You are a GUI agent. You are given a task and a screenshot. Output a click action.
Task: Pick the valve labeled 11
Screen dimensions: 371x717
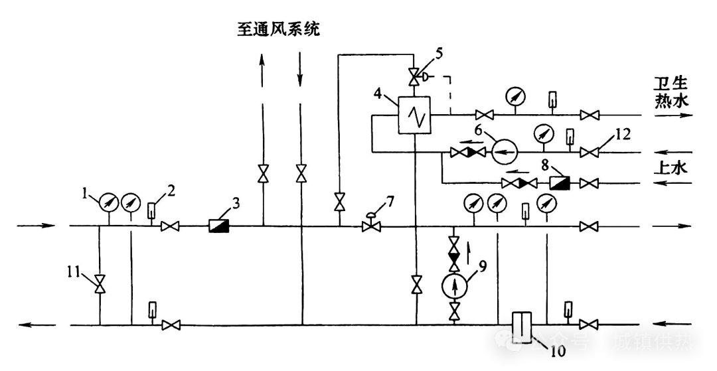click(x=100, y=284)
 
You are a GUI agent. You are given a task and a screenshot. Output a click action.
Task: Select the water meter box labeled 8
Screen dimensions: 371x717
click(x=559, y=183)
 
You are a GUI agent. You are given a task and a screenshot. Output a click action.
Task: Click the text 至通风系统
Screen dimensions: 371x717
click(x=279, y=29)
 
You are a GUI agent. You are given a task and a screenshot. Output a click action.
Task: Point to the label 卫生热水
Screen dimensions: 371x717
click(x=671, y=92)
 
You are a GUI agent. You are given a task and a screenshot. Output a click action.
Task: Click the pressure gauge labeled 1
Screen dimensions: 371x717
click(x=108, y=202)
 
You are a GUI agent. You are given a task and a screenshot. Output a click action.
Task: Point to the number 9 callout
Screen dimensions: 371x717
click(x=483, y=267)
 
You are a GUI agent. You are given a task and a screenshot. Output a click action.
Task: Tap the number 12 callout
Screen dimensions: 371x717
click(x=622, y=135)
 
